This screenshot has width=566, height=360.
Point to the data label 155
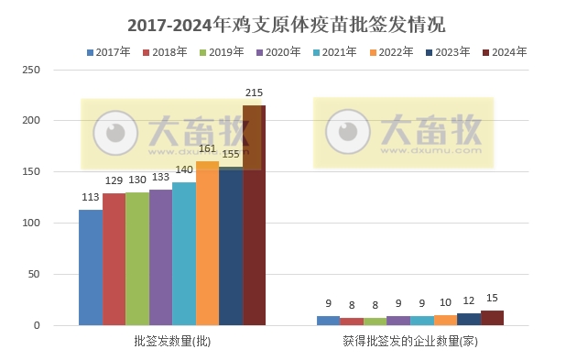(x=230, y=155)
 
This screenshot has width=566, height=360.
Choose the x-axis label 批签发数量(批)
(x=172, y=342)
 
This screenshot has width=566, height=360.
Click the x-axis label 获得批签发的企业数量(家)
(x=410, y=342)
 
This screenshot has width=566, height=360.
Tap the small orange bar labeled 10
(x=445, y=320)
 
